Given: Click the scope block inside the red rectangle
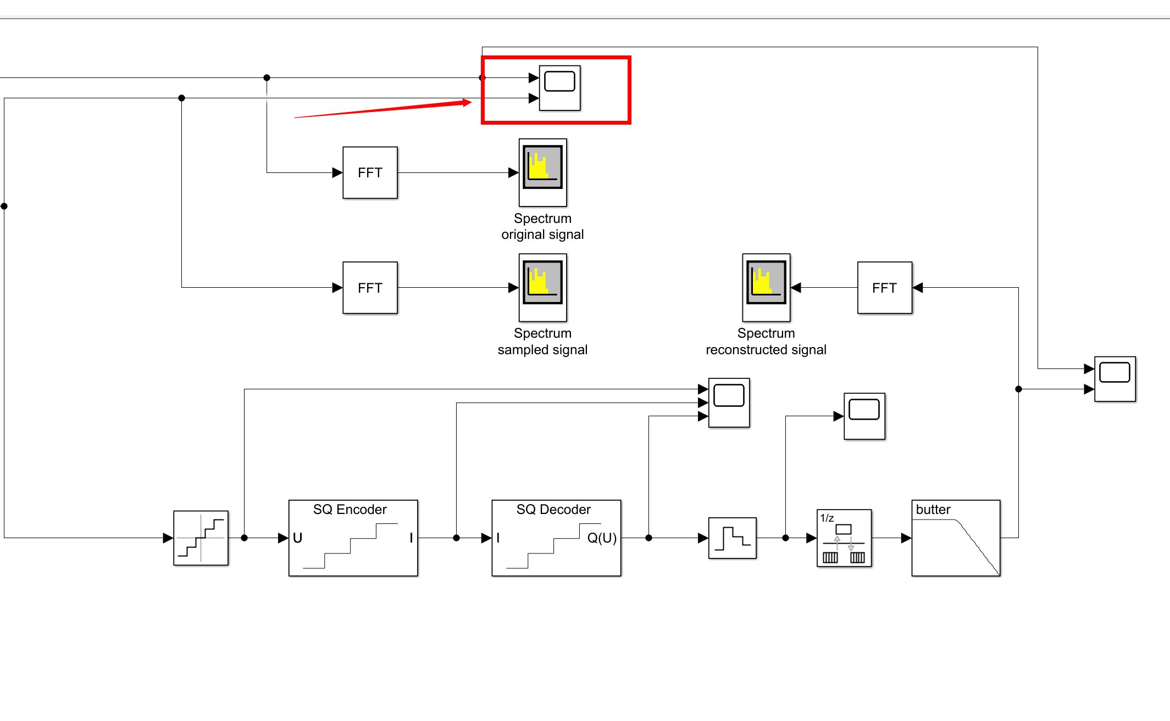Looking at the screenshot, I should (x=559, y=88).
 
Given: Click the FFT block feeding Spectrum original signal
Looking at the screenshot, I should (x=370, y=172).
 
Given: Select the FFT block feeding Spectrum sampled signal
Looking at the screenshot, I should (x=370, y=288).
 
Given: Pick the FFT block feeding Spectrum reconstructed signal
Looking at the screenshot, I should (x=884, y=288).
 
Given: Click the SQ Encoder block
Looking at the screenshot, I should (x=353, y=538).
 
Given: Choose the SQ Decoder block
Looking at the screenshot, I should (x=556, y=538).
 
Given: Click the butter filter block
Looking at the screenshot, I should (x=956, y=538).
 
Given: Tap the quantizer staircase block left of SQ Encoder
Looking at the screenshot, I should (x=201, y=538).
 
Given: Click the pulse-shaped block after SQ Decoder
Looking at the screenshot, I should (x=732, y=538).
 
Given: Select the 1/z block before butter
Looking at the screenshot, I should (x=844, y=538).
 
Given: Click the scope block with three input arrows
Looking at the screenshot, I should (x=729, y=402).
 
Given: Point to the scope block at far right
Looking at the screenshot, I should (x=1114, y=379).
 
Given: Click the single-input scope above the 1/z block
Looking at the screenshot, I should (x=864, y=416).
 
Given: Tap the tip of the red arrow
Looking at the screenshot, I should (x=470, y=102).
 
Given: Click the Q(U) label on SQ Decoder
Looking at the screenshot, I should (x=602, y=538).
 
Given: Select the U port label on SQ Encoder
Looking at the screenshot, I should (x=298, y=538).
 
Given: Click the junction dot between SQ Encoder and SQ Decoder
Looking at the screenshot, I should (x=456, y=538).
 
